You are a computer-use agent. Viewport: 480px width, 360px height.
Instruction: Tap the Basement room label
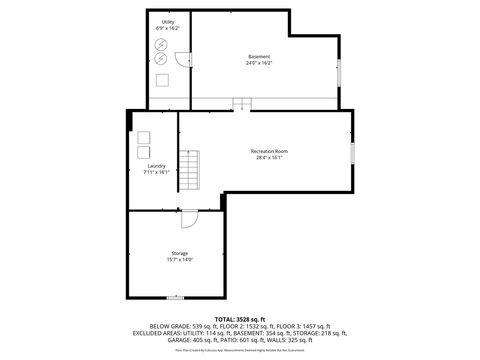tap(259, 56)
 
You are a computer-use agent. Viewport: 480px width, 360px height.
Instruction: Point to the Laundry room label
tap(156, 166)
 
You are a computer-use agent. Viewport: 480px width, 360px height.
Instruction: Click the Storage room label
tap(179, 253)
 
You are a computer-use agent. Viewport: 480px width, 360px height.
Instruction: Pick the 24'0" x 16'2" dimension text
tap(259, 63)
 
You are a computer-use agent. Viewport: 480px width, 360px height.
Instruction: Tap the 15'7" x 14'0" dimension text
tap(179, 260)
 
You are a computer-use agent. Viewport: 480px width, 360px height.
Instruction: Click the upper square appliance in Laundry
tap(143, 136)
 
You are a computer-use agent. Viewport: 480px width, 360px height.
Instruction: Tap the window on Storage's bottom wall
tap(175, 297)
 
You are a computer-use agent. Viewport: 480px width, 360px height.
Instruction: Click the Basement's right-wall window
tap(341, 71)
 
